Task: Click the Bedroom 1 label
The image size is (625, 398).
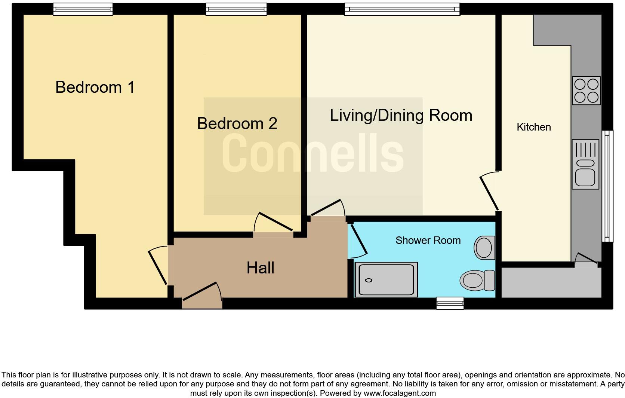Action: pyautogui.click(x=95, y=87)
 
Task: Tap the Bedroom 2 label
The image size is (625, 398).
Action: pyautogui.click(x=237, y=123)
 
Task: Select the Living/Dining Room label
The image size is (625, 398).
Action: pyautogui.click(x=401, y=116)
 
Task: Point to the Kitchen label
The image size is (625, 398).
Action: pyautogui.click(x=534, y=127)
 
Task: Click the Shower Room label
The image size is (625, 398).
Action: pyautogui.click(x=428, y=241)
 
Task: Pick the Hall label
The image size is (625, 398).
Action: pyautogui.click(x=260, y=268)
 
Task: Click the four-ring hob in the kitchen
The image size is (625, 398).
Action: pyautogui.click(x=586, y=91)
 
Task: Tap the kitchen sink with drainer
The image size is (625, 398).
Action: pyautogui.click(x=585, y=164)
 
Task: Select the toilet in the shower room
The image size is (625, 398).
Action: pyautogui.click(x=477, y=281)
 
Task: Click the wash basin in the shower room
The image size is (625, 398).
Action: pyautogui.click(x=484, y=248)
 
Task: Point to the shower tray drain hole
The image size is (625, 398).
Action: pyautogui.click(x=369, y=281)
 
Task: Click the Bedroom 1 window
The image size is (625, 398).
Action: pyautogui.click(x=83, y=9)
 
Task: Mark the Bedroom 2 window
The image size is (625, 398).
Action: pyautogui.click(x=236, y=9)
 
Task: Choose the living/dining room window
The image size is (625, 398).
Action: pyautogui.click(x=402, y=9)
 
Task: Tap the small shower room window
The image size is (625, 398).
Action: pyautogui.click(x=450, y=303)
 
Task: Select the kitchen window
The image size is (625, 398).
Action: pyautogui.click(x=607, y=186)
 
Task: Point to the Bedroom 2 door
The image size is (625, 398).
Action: pyautogui.click(x=274, y=222)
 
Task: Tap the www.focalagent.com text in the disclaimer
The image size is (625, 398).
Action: pyautogui.click(x=400, y=393)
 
